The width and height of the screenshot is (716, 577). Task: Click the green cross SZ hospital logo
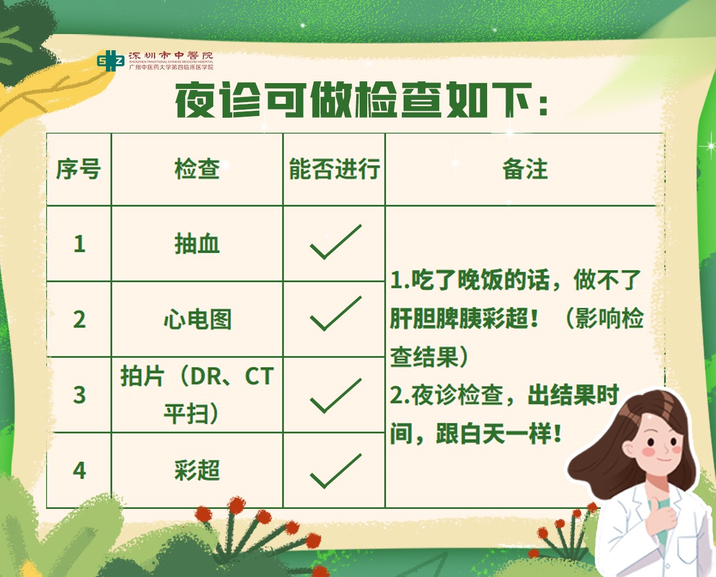pyautogui.click(x=111, y=61)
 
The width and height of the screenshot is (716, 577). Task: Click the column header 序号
pyautogui.click(x=78, y=169)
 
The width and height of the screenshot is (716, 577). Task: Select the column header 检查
pyautogui.click(x=197, y=169)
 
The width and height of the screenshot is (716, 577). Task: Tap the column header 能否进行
pyautogui.click(x=334, y=169)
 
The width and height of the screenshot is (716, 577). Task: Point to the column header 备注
pyautogui.click(x=525, y=169)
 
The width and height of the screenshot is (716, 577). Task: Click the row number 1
pyautogui.click(x=79, y=244)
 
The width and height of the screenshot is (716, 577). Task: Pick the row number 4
pyautogui.click(x=79, y=471)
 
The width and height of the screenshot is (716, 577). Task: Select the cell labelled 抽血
pyautogui.click(x=197, y=244)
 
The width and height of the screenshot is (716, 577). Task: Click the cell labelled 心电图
pyautogui.click(x=198, y=319)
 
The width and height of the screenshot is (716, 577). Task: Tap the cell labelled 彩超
pyautogui.click(x=197, y=470)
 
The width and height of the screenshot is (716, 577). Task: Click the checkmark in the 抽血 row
pyautogui.click(x=336, y=242)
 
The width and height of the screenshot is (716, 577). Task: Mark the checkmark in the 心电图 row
pyautogui.click(x=336, y=313)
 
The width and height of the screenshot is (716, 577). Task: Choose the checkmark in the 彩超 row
pyautogui.click(x=336, y=471)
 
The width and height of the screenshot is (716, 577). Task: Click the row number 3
pyautogui.click(x=79, y=395)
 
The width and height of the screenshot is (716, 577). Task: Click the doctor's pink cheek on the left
pyautogui.click(x=648, y=451)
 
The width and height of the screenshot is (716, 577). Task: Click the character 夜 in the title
pyautogui.click(x=195, y=100)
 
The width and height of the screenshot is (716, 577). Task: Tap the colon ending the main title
pyautogui.click(x=543, y=106)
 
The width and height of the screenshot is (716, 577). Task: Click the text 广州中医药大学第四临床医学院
pyautogui.click(x=171, y=67)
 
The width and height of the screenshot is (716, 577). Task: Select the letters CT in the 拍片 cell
pyautogui.click(x=259, y=376)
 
